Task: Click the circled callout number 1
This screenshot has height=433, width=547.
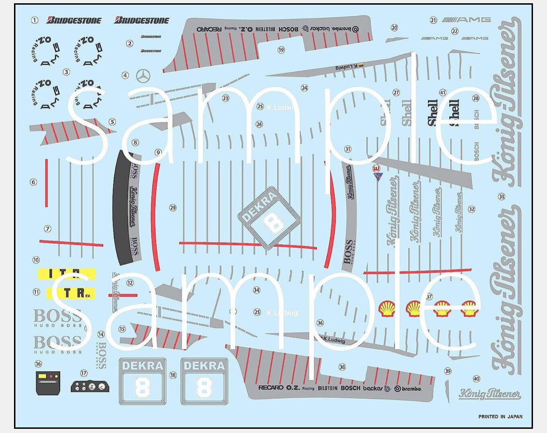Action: coord(34,20)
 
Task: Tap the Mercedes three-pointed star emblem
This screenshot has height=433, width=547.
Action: coord(143,76)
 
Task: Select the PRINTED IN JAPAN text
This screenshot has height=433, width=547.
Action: coord(500,416)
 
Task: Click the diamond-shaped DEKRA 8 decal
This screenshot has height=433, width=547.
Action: coord(269,218)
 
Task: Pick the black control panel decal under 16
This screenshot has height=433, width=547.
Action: coord(48,383)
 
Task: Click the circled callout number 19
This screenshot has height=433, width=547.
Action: coord(281,50)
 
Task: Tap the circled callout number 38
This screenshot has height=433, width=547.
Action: coord(342,367)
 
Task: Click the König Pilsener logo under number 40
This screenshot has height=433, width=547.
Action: coord(489,394)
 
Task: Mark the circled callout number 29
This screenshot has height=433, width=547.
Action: coord(173,208)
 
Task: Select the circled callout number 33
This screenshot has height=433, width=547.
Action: coord(502,197)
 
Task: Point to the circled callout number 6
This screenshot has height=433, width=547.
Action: coord(33,182)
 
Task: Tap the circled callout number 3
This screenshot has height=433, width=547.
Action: coord(66,72)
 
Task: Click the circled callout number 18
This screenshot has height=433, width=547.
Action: coord(173,375)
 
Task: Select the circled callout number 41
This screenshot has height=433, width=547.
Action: coord(443,93)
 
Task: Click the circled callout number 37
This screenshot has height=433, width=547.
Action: coord(429,297)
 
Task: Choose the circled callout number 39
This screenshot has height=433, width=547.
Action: coord(448,371)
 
